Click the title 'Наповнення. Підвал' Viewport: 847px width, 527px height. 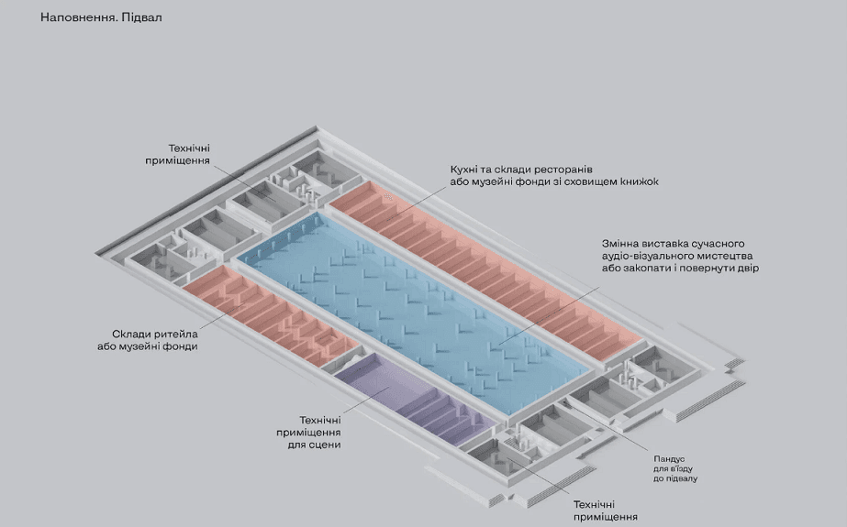coord(101,17)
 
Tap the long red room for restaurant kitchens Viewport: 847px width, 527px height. coord(485,269)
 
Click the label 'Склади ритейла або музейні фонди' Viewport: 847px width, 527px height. coord(148,340)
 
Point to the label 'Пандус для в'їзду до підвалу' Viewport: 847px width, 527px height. coord(675,468)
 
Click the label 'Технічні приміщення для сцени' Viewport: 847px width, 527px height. coord(308,432)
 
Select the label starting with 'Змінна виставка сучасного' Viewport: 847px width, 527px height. coord(680,256)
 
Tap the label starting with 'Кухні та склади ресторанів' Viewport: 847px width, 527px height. coord(554,175)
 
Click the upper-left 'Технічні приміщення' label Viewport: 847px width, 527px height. coord(178,154)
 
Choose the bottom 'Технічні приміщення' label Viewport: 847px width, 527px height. coord(605,511)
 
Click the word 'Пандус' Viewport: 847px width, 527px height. coord(669,459)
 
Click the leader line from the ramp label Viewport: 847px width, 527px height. coord(606,427)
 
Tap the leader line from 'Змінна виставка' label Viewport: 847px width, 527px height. coord(549,315)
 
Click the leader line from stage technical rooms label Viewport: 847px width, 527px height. coord(366,401)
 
